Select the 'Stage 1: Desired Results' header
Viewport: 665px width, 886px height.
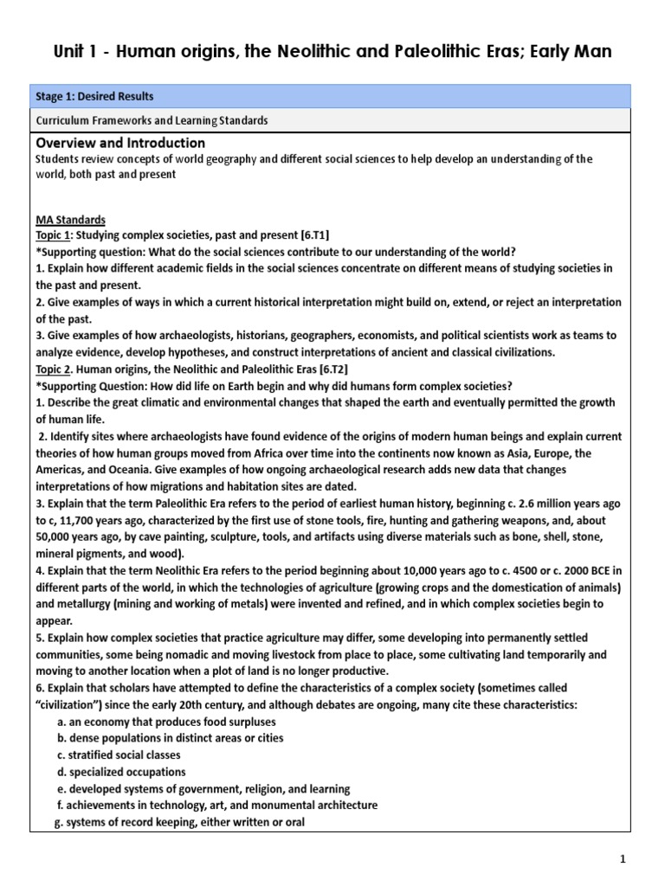click(94, 97)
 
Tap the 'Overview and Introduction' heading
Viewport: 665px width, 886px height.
click(120, 143)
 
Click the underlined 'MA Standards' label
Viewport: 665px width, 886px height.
click(70, 221)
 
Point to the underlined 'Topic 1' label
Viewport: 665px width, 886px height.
click(55, 236)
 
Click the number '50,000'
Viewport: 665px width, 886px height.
click(60, 537)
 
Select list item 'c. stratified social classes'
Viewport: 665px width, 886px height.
click(118, 755)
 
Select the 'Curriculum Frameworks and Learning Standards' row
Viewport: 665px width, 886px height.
click(152, 120)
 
